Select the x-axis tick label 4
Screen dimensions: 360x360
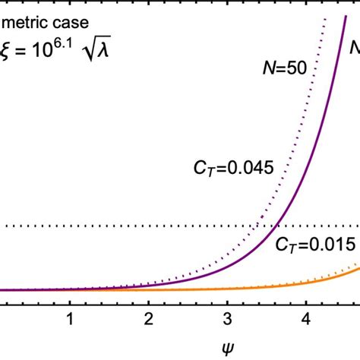[x=306, y=320]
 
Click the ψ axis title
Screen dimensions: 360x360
[x=188, y=349]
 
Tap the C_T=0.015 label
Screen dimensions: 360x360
[x=315, y=245]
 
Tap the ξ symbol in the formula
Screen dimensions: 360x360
[x=8, y=53]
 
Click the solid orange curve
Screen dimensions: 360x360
[x=304, y=280]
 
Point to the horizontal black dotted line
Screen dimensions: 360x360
[x=114, y=226]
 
